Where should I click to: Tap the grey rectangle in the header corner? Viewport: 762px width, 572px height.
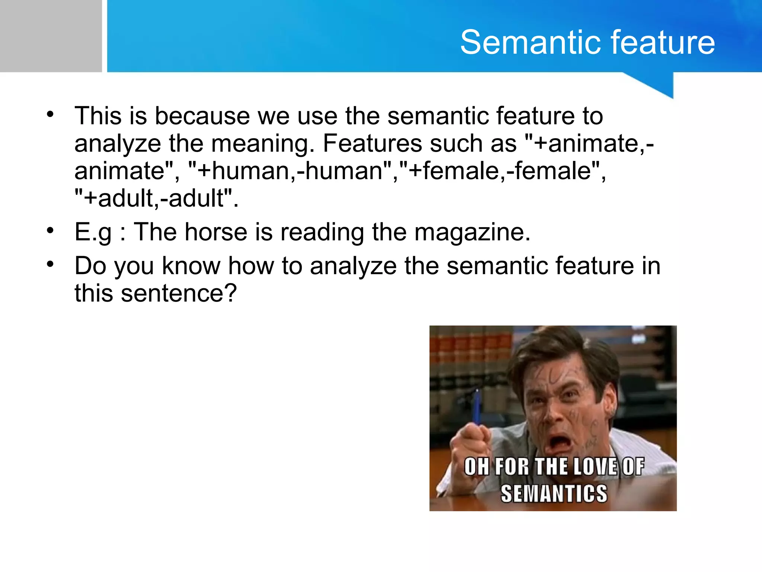(x=51, y=36)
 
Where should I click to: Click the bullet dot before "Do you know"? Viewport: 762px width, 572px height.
(x=50, y=264)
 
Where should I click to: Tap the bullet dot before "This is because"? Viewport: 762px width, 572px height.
(x=50, y=114)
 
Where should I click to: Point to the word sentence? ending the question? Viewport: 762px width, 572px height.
(x=179, y=293)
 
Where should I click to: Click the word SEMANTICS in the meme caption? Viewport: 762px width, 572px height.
(x=554, y=493)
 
